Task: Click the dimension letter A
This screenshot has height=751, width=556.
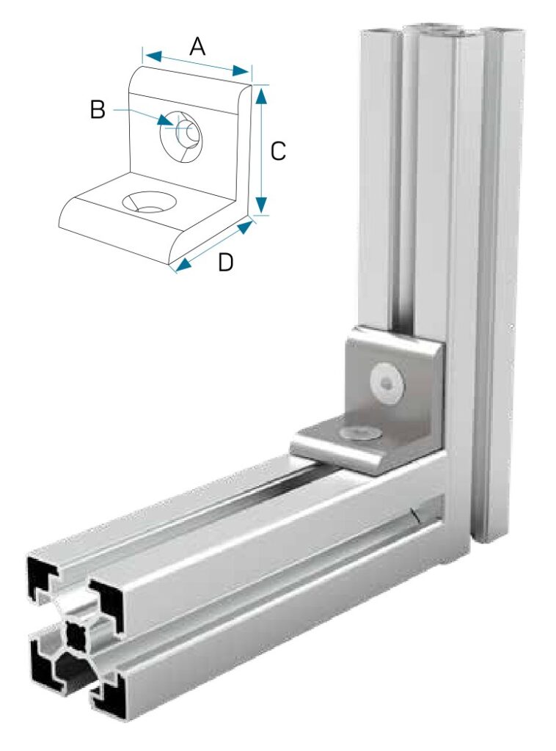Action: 197,47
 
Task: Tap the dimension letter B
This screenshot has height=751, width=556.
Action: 98,109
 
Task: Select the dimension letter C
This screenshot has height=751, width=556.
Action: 278,151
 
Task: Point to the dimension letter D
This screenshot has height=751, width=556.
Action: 226,263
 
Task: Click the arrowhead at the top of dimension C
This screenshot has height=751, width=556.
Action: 260,95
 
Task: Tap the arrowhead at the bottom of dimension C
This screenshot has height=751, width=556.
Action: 260,205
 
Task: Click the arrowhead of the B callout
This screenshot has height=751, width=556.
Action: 164,120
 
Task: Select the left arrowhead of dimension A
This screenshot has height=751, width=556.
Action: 153,56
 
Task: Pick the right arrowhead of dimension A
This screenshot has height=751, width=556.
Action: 241,72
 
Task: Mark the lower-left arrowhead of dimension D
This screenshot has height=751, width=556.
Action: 183,265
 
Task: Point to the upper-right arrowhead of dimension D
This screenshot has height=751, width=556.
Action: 245,227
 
